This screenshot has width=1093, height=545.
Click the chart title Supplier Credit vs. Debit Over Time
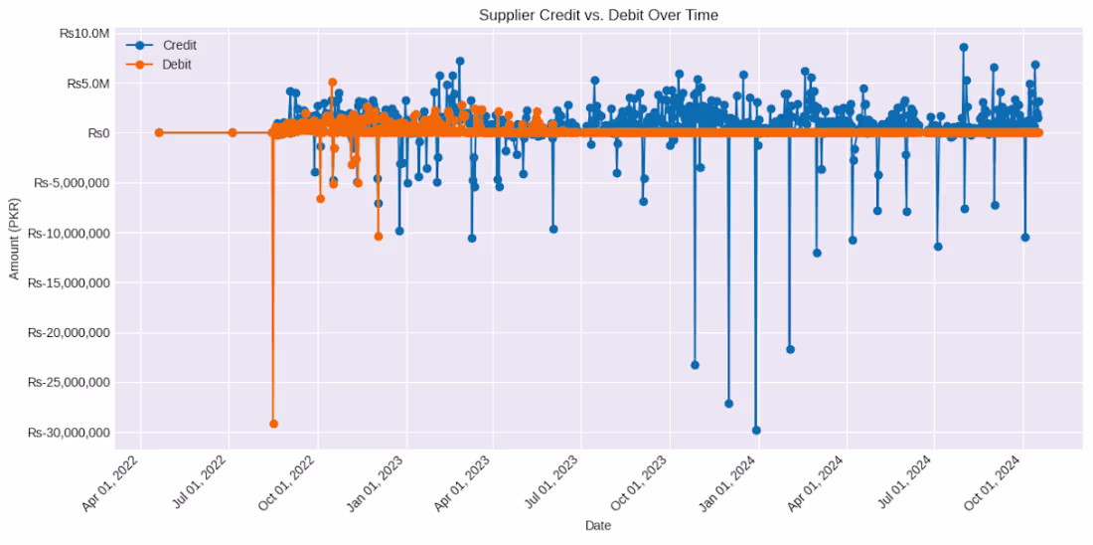pyautogui.click(x=598, y=15)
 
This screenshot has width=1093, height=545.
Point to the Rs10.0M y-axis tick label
pyautogui.click(x=81, y=33)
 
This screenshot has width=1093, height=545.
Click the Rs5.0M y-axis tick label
pyautogui.click(x=85, y=84)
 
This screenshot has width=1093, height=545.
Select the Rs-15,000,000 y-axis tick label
pyautogui.click(x=70, y=283)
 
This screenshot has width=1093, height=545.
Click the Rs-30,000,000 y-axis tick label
pyautogui.click(x=70, y=433)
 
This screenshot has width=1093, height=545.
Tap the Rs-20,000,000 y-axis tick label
pyautogui.click(x=70, y=333)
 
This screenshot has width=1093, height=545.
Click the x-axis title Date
pyautogui.click(x=598, y=525)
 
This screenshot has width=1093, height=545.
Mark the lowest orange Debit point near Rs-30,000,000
pyautogui.click(x=273, y=424)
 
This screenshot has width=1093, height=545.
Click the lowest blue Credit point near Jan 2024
pyautogui.click(x=756, y=431)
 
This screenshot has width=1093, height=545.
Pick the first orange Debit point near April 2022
pyautogui.click(x=159, y=132)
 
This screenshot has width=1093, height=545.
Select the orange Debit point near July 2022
pyautogui.click(x=233, y=132)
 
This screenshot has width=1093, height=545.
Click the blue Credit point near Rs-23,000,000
pyautogui.click(x=695, y=365)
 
